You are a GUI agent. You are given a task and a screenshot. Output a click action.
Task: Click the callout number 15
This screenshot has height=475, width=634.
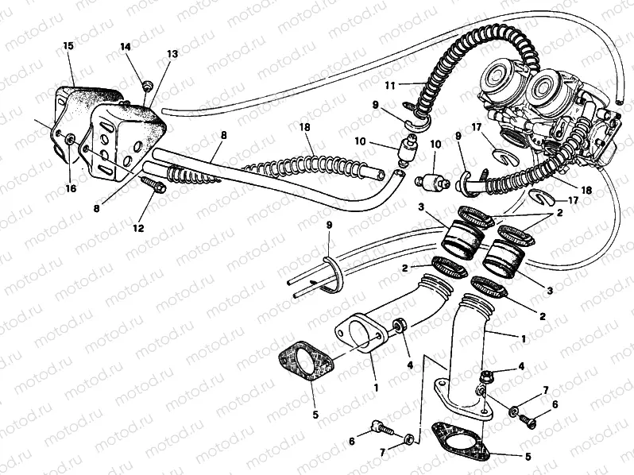68,47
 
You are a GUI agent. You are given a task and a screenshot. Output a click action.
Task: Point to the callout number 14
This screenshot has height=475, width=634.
126,47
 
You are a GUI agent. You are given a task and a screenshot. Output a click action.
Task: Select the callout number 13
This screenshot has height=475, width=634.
172,54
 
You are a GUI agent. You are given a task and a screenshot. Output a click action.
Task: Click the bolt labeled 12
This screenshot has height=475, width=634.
155,187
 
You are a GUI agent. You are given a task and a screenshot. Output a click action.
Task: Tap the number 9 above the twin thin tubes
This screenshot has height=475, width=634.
327,227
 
